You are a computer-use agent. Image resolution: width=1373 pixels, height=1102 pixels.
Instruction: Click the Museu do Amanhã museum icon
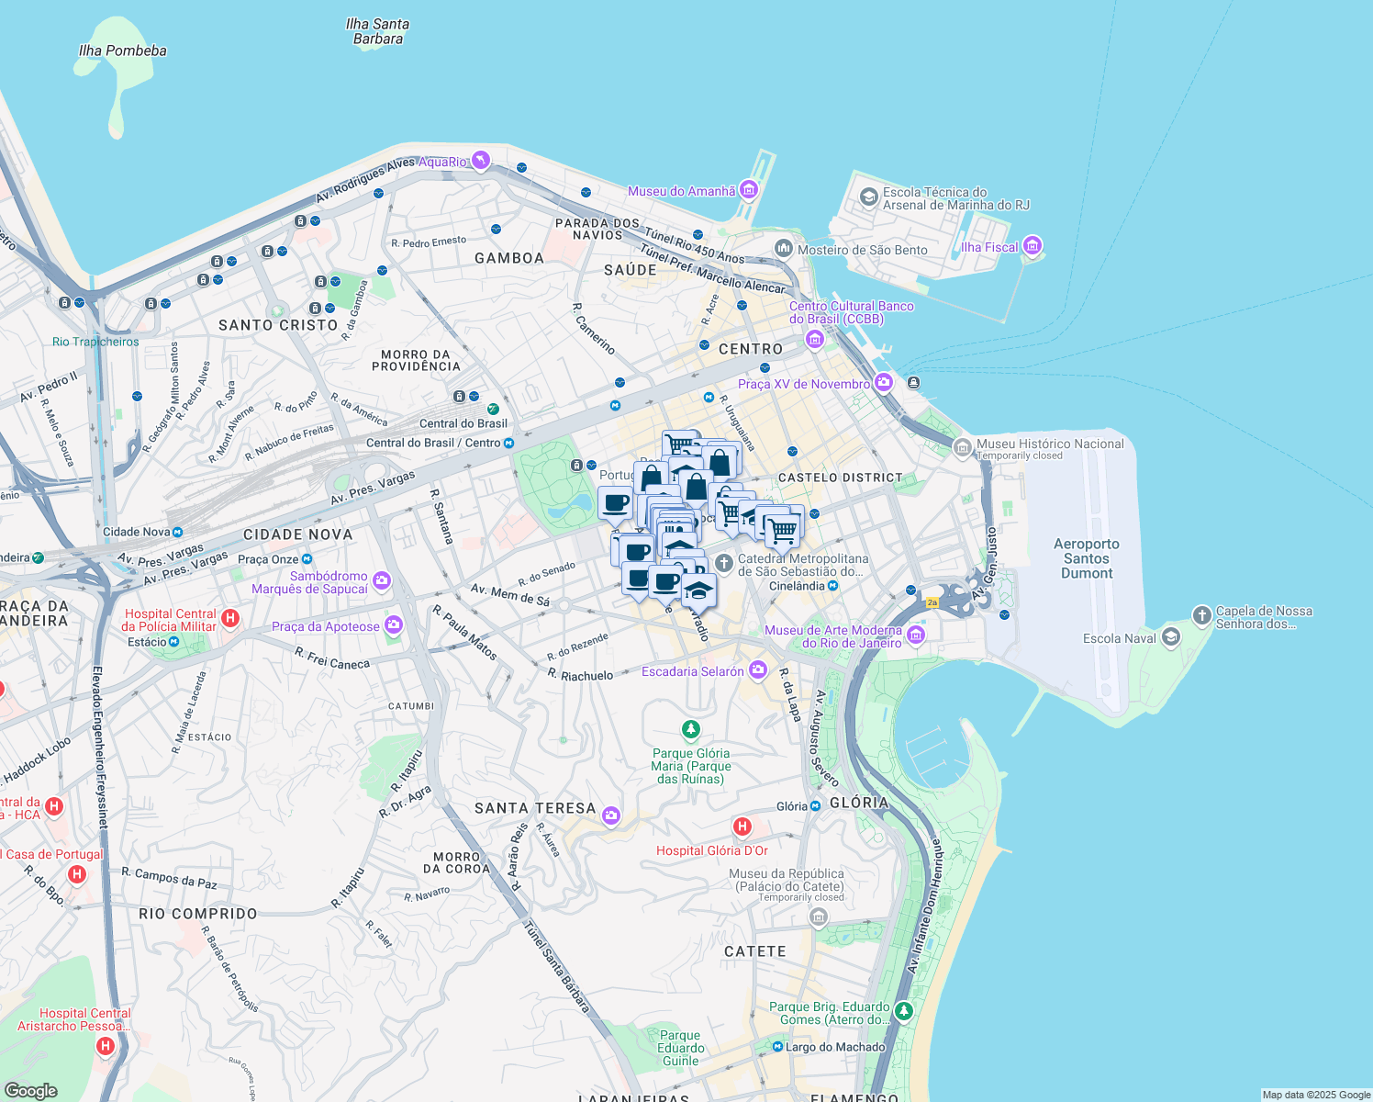tap(748, 190)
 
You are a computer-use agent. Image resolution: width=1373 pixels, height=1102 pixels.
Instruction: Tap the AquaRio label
tap(442, 162)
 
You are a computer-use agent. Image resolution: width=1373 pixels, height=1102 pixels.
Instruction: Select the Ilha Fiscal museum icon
tap(1032, 246)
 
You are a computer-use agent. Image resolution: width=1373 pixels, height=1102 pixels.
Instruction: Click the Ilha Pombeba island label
tap(123, 51)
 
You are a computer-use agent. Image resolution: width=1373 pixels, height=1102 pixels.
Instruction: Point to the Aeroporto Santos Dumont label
tap(1087, 558)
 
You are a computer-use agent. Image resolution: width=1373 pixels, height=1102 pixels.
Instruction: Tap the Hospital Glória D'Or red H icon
tap(742, 827)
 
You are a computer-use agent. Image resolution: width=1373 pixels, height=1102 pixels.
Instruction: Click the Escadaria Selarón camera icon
tap(757, 670)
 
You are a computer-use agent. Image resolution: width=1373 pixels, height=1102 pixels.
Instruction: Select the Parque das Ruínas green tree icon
tap(690, 729)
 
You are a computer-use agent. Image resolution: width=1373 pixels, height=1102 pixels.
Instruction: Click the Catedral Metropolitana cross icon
tap(723, 562)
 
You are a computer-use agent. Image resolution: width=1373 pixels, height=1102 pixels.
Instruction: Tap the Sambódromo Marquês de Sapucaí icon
tap(382, 580)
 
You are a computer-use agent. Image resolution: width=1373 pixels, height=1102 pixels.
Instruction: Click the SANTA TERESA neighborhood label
tap(535, 808)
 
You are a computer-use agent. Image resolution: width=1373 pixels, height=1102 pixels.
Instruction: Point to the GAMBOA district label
tap(509, 258)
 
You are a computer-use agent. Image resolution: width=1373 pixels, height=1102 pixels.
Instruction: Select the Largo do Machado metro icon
tap(777, 1047)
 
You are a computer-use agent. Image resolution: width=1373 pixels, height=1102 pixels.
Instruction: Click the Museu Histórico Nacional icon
tap(962, 447)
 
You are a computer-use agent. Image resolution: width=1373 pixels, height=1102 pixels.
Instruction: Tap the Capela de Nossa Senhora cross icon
tap(1201, 615)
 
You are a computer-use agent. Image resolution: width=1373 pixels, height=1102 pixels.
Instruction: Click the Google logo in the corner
tap(31, 1090)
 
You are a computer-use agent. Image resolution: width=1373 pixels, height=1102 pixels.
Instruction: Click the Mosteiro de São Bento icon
tap(783, 248)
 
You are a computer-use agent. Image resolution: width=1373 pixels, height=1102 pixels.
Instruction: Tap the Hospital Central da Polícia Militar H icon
tap(229, 618)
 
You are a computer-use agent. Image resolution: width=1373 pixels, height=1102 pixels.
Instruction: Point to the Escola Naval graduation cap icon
tap(1170, 637)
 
